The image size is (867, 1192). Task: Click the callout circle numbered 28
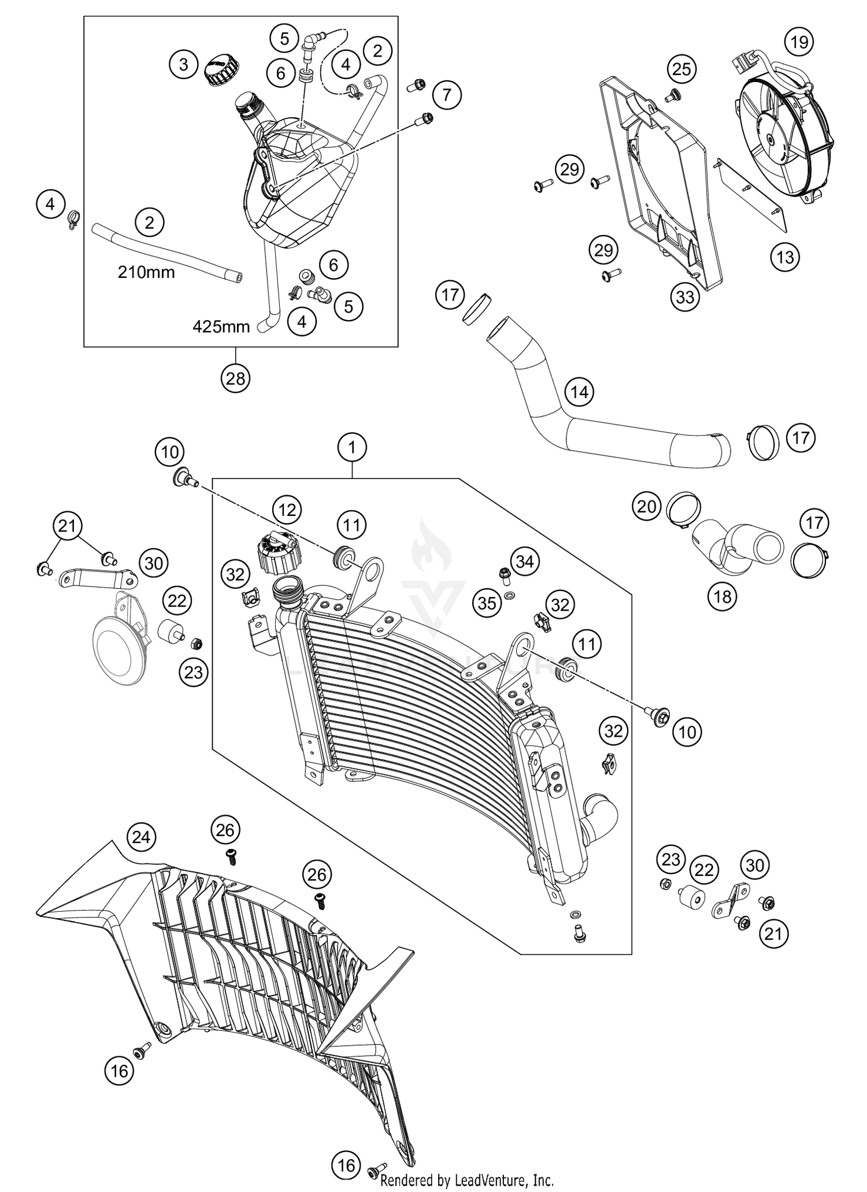pyautogui.click(x=236, y=379)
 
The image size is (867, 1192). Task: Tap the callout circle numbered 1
pyautogui.click(x=353, y=447)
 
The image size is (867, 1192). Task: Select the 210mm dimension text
pyautogui.click(x=146, y=272)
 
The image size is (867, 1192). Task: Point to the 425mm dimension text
pyautogui.click(x=221, y=327)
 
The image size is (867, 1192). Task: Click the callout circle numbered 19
pyautogui.click(x=799, y=42)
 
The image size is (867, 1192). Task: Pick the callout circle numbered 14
pyautogui.click(x=580, y=392)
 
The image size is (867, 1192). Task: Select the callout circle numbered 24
pyautogui.click(x=142, y=837)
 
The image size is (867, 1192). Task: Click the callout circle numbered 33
pyautogui.click(x=685, y=297)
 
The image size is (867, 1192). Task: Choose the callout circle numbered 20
pyautogui.click(x=647, y=507)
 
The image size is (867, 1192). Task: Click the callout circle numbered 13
pyautogui.click(x=785, y=257)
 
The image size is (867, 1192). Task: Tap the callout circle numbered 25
pyautogui.click(x=682, y=69)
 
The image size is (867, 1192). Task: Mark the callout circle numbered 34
pyautogui.click(x=525, y=561)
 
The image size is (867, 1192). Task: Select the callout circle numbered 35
pyautogui.click(x=487, y=603)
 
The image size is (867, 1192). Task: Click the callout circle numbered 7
pyautogui.click(x=447, y=94)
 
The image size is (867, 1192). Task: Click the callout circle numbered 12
pyautogui.click(x=287, y=510)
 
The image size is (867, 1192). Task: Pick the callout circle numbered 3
pyautogui.click(x=184, y=64)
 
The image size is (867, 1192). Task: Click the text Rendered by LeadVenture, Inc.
pyautogui.click(x=467, y=1181)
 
